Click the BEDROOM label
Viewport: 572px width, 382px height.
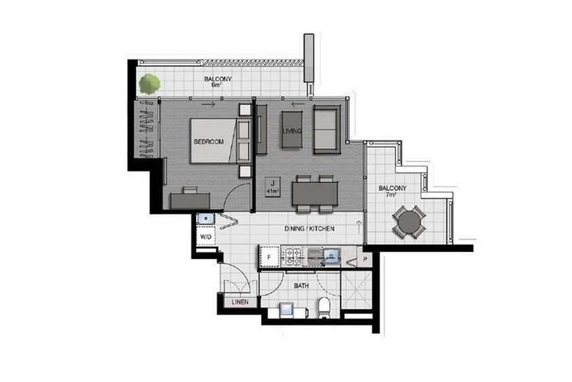coord(209,142)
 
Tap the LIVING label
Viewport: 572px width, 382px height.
coord(292,131)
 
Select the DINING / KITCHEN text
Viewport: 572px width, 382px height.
coord(309,229)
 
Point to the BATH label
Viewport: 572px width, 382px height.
coord(301,286)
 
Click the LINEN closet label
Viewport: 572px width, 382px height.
coord(240,302)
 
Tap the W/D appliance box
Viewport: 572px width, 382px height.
coord(206,237)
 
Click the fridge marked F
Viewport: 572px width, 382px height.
coord(269,258)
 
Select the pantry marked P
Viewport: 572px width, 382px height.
coord(365,260)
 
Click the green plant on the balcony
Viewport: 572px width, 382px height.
coord(149,84)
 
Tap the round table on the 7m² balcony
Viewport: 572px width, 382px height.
coord(409,222)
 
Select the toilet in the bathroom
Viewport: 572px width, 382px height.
coord(324,308)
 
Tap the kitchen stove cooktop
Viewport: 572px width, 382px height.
coord(293,257)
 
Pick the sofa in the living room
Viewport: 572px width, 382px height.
coord(327,129)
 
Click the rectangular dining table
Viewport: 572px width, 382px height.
coord(314,194)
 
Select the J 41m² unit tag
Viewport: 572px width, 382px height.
coord(273,187)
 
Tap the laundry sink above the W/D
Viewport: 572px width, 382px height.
coord(206,220)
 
